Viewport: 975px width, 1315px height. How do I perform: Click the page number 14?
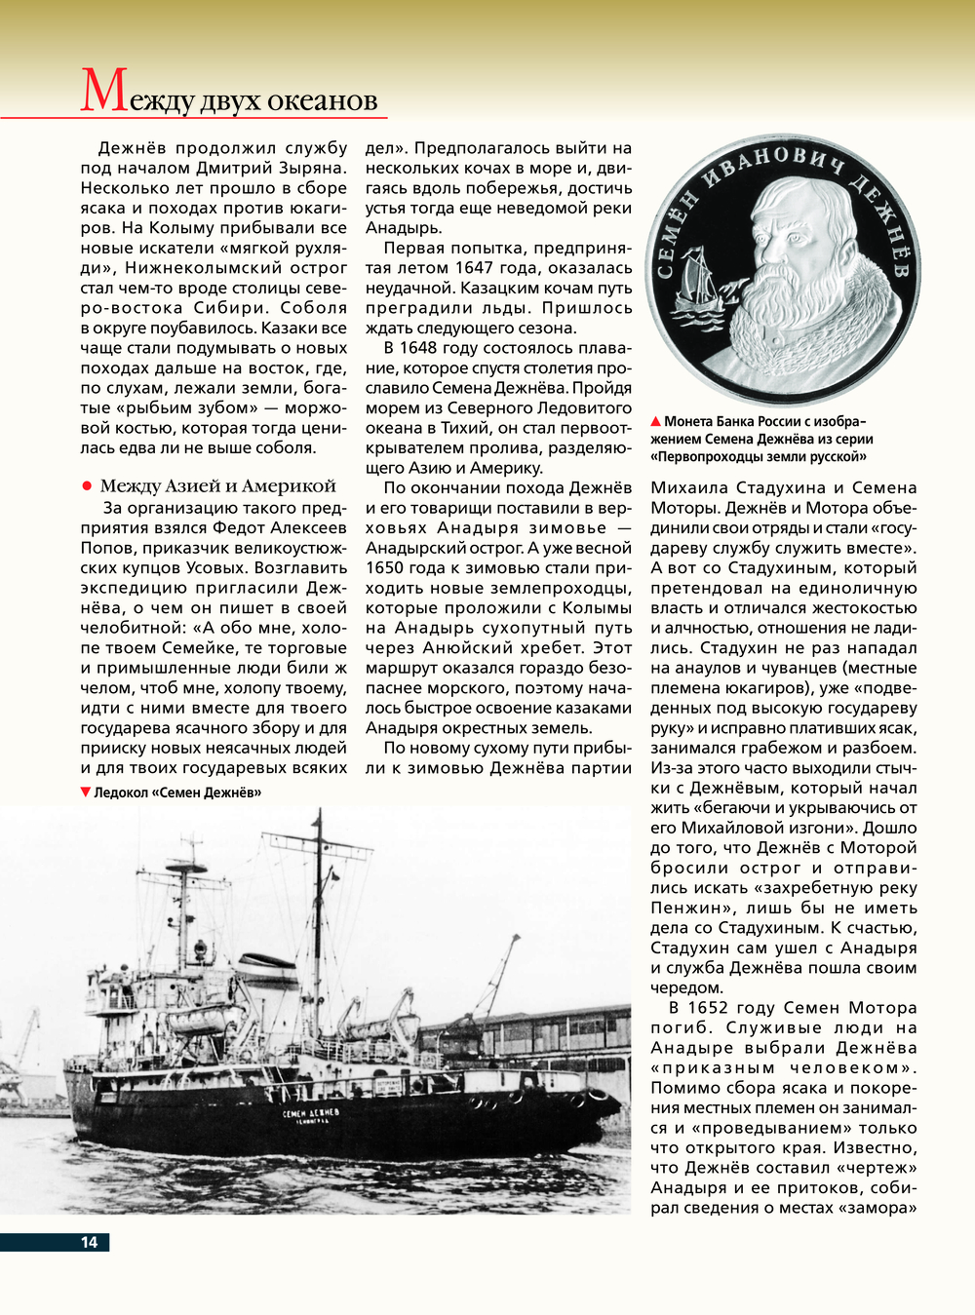click(x=89, y=1242)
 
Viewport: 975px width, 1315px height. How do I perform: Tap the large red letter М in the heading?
click(x=103, y=92)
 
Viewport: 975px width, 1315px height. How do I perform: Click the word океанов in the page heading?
click(x=321, y=100)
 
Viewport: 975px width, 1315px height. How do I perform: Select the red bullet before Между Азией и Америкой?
click(x=87, y=485)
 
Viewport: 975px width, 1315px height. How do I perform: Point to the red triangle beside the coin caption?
click(x=656, y=422)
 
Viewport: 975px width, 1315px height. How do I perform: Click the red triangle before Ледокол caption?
click(x=86, y=793)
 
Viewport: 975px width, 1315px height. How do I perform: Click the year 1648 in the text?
click(x=418, y=348)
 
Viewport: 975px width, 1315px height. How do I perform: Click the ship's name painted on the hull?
click(x=311, y=1113)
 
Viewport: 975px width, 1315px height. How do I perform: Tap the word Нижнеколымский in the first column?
click(x=200, y=268)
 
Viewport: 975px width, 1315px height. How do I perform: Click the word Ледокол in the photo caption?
click(x=121, y=793)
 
